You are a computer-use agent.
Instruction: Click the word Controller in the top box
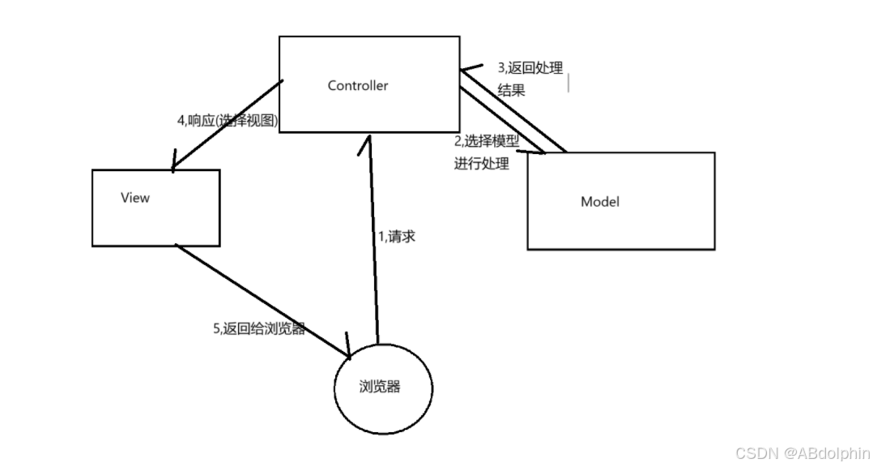357,85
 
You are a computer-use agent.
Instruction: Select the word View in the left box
134,197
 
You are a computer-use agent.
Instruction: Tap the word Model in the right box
599,201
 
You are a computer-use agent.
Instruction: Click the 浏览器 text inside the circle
380,386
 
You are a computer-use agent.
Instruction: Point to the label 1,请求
397,237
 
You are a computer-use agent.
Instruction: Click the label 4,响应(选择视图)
228,120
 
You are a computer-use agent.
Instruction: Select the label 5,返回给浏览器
259,329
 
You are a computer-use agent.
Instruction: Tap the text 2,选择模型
486,141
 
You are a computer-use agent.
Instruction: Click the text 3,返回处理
530,68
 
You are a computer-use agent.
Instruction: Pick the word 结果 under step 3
511,90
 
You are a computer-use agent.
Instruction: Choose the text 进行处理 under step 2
482,163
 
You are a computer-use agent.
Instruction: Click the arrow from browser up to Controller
372,243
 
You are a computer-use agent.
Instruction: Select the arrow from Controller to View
227,126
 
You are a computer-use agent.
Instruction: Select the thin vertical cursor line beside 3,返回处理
568,82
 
